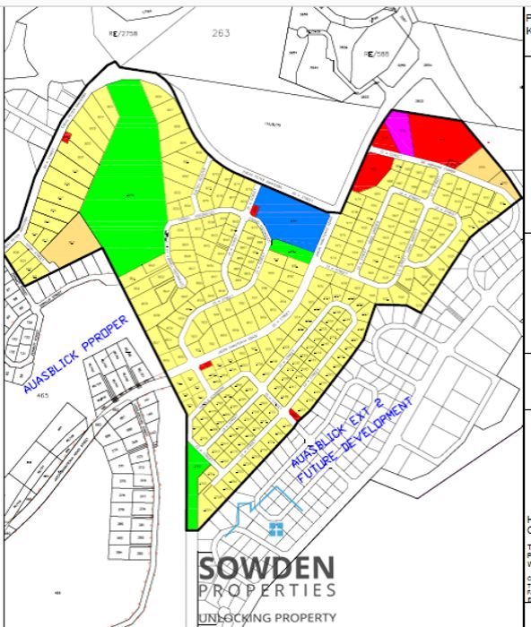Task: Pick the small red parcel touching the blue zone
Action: coord(254,210)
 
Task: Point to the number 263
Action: coord(222,33)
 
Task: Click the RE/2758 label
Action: coord(149,30)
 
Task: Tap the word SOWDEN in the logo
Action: coord(267,567)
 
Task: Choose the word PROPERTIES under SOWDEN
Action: coord(267,590)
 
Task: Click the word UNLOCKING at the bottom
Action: coord(237,617)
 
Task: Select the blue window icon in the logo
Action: coord(276,528)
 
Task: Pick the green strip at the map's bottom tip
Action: coord(195,493)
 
